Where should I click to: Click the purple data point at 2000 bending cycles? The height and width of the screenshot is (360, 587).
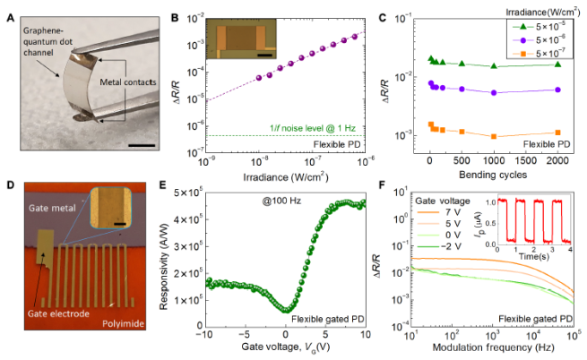[558, 90]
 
